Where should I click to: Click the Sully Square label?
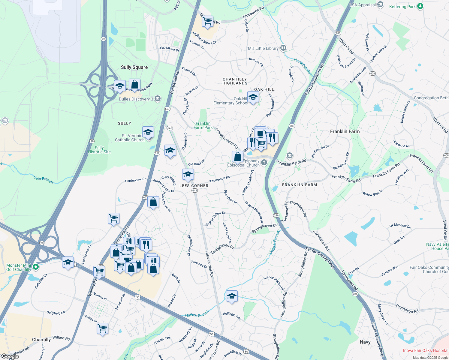click(134, 67)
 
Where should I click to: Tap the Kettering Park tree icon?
click(420, 6)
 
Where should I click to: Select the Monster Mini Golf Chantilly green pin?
click(36, 266)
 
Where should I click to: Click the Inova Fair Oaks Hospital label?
click(425, 350)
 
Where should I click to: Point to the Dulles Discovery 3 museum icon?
click(157, 99)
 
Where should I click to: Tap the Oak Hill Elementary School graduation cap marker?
click(253, 97)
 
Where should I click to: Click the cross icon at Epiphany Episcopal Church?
click(264, 163)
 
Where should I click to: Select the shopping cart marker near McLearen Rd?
click(207, 21)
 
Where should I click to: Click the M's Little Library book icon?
click(283, 48)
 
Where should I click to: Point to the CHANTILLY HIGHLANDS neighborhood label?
click(235, 81)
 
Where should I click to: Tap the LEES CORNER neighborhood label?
click(194, 186)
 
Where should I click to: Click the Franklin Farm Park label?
click(203, 125)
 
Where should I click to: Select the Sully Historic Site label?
click(99, 150)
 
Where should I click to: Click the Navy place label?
click(365, 342)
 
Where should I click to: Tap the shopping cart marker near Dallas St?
click(102, 328)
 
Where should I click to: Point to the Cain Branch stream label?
click(43, 180)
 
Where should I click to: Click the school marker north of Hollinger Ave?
click(232, 296)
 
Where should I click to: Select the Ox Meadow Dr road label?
click(400, 226)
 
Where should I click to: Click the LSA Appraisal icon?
click(380, 4)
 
